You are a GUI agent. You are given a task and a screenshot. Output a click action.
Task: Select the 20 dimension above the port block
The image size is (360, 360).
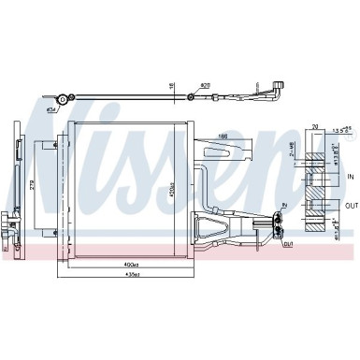coord(315,125)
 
